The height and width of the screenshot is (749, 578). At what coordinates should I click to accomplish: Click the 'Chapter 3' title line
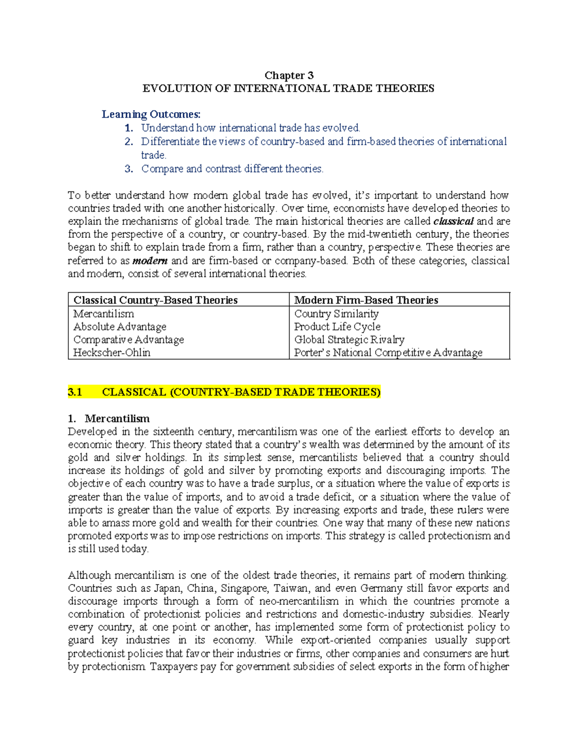pyautogui.click(x=289, y=75)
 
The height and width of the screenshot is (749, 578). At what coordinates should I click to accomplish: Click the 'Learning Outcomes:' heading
pyautogui.click(x=151, y=114)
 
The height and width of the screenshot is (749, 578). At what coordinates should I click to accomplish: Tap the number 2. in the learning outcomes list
pyautogui.click(x=128, y=142)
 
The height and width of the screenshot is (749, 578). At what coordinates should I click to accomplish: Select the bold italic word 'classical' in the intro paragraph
pyautogui.click(x=454, y=221)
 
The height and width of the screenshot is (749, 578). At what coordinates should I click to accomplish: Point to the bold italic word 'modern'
pyautogui.click(x=150, y=261)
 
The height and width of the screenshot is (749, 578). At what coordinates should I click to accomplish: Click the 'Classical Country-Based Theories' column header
pyautogui.click(x=155, y=300)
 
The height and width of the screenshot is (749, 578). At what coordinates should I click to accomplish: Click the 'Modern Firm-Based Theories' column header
pyautogui.click(x=366, y=300)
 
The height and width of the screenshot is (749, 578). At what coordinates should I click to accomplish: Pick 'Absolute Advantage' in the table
pyautogui.click(x=119, y=327)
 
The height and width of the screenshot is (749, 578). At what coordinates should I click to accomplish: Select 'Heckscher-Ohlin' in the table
pyautogui.click(x=112, y=353)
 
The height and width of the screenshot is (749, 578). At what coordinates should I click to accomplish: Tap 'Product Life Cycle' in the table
pyautogui.click(x=337, y=327)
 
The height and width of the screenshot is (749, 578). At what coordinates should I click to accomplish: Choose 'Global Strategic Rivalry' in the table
pyautogui.click(x=349, y=340)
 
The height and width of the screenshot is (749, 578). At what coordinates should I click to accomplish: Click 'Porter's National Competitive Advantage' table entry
pyautogui.click(x=388, y=353)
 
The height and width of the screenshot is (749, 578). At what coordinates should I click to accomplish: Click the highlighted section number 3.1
pyautogui.click(x=75, y=392)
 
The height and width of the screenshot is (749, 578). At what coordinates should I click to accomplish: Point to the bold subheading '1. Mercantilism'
pyautogui.click(x=109, y=419)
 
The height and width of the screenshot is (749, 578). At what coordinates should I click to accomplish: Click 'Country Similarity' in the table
pyautogui.click(x=336, y=314)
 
